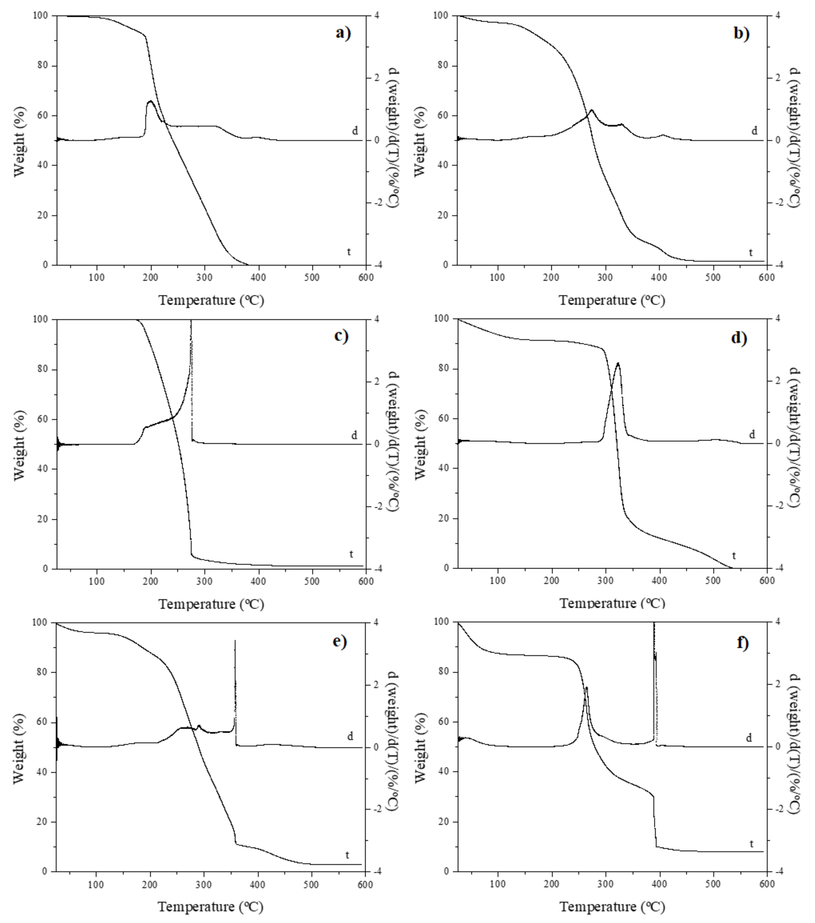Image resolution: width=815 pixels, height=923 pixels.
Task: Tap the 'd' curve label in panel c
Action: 354,435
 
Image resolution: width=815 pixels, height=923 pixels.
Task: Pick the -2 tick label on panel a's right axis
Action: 378,203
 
